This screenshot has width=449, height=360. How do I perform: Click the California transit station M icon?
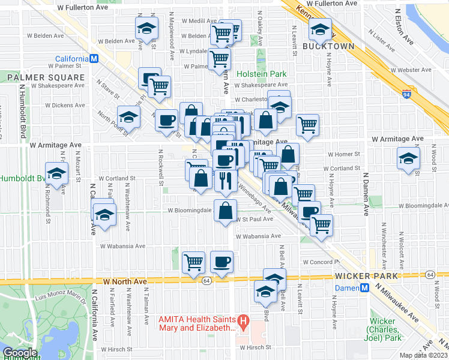coord(94,59)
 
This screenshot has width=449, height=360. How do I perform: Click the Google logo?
coord(20,353)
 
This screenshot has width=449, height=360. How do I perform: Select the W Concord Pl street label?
coord(322,262)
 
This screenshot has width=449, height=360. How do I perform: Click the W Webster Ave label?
coord(411,70)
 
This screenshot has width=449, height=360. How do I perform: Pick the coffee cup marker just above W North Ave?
coord(221,261)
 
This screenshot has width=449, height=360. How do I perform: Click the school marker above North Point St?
coord(128,115)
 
